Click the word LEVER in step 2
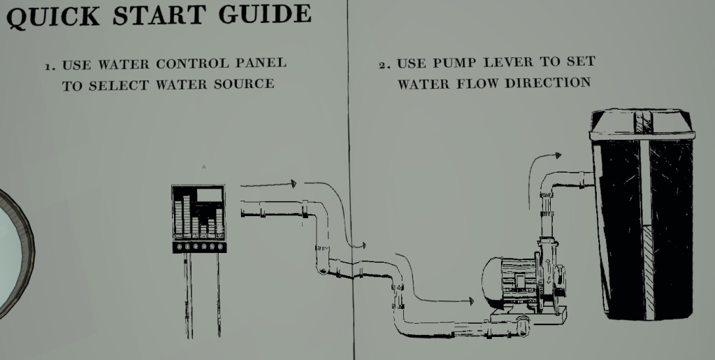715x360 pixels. [505, 62]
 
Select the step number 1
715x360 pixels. [50, 66]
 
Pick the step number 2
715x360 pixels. [382, 65]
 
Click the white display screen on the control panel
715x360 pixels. [209, 195]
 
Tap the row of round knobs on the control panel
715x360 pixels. [200, 247]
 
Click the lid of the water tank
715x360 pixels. [642, 125]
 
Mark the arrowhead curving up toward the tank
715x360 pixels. [557, 155]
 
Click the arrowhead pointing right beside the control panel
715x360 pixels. [294, 184]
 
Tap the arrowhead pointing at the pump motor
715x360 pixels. [471, 301]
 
